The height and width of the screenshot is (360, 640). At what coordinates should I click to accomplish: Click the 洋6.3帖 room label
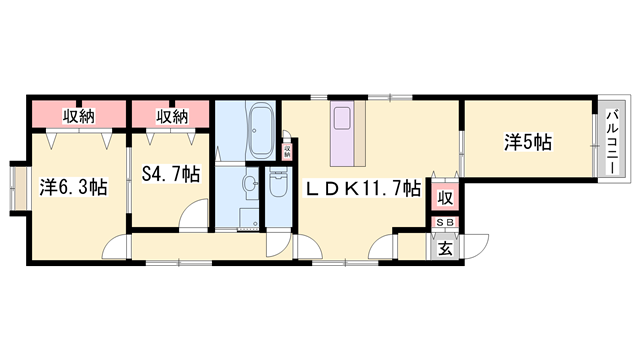click(x=74, y=187)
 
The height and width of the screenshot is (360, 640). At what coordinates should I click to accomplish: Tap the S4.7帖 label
click(x=169, y=174)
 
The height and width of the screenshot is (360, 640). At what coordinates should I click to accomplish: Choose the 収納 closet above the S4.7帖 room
click(x=171, y=115)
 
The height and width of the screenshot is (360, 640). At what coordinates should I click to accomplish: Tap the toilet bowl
click(x=277, y=188)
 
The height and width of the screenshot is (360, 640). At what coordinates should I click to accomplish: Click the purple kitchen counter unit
click(x=346, y=135)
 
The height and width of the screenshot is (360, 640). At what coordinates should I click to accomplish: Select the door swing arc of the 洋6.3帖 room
click(x=119, y=247)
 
